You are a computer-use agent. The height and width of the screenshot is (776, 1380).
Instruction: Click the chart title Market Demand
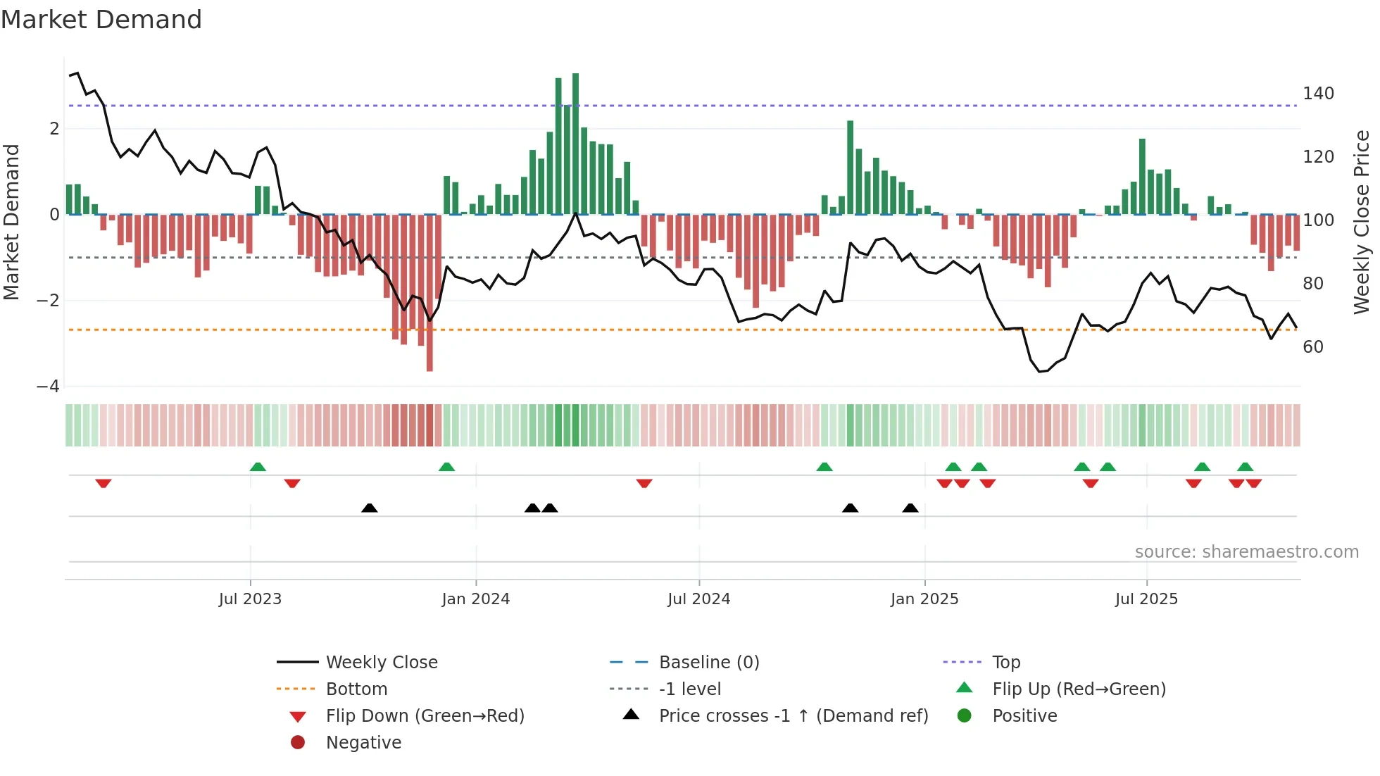tap(101, 20)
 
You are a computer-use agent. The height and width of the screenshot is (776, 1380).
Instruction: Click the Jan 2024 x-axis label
tap(475, 599)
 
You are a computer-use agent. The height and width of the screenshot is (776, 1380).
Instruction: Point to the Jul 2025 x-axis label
tap(1146, 599)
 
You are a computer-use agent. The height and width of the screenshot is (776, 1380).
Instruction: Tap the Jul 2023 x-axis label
tap(250, 599)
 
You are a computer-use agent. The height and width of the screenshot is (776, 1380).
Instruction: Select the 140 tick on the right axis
tap(1318, 94)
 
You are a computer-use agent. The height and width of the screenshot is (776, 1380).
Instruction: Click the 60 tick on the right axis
tap(1313, 346)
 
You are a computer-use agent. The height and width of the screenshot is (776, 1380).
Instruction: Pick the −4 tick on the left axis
tap(48, 387)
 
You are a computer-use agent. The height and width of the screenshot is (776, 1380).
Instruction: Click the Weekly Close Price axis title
tap(1362, 222)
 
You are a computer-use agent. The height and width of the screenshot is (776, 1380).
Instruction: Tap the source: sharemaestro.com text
tap(1246, 552)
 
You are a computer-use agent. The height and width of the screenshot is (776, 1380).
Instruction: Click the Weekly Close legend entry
tap(381, 662)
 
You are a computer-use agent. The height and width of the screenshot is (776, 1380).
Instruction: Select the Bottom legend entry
tap(356, 689)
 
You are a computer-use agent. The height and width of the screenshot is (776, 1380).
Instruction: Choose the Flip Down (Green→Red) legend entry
tap(425, 715)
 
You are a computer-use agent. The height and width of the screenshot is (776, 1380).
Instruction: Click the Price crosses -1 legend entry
tap(793, 715)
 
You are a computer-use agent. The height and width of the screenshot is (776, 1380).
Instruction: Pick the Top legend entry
tap(1006, 662)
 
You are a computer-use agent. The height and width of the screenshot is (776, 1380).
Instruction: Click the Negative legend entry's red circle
tap(298, 742)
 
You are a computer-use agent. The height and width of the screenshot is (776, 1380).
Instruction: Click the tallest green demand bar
tap(575, 144)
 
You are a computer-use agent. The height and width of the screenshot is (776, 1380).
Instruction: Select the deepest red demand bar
tap(429, 292)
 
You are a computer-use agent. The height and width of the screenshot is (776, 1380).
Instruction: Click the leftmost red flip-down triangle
tap(103, 483)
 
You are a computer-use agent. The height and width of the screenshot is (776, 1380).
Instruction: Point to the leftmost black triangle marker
tap(369, 508)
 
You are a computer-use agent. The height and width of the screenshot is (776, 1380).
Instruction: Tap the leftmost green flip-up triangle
tap(258, 467)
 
